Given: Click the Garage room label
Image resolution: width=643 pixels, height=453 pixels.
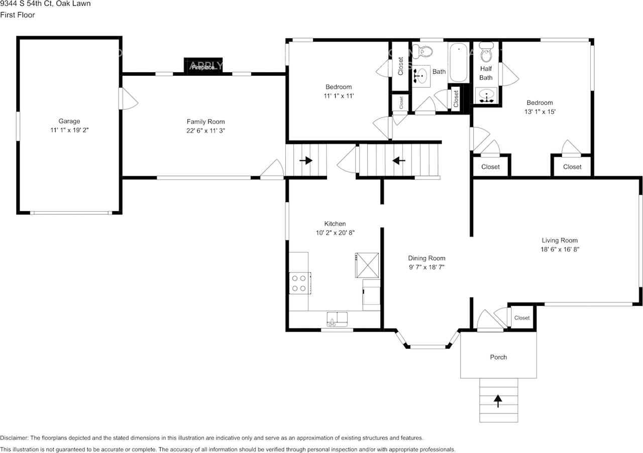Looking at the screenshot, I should [x=69, y=121].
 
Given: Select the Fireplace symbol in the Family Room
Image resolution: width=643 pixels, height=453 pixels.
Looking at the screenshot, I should [x=203, y=66].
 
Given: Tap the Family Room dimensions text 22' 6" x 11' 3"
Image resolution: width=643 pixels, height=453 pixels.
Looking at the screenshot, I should [x=205, y=130].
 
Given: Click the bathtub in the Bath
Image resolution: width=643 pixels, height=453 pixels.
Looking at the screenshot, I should [x=458, y=63].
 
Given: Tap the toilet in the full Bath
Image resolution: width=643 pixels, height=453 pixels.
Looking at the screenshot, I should [x=426, y=51].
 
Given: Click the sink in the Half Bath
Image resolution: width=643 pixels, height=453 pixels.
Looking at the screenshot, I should [x=486, y=95].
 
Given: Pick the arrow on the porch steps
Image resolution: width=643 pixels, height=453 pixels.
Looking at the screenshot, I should [x=498, y=400].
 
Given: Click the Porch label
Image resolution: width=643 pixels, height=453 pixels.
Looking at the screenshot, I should [x=498, y=357].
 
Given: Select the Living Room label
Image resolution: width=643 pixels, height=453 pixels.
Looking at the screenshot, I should [x=560, y=240].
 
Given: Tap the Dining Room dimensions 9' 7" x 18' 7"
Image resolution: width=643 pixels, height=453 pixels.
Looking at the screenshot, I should [x=426, y=267].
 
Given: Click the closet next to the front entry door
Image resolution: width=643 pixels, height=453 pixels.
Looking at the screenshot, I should [x=521, y=318].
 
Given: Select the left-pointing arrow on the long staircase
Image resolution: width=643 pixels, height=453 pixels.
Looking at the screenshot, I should [x=399, y=161].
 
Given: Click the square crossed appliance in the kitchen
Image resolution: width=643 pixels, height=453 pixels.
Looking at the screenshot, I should [x=368, y=264].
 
